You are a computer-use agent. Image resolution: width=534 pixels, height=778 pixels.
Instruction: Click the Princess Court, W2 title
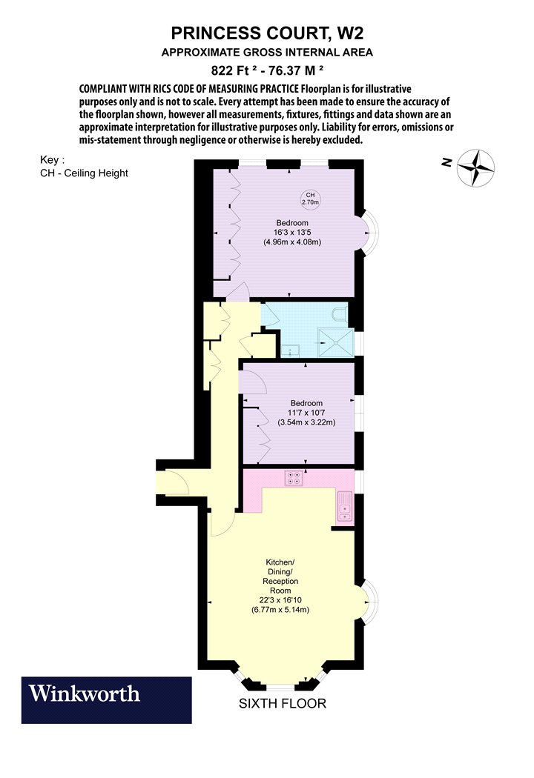[x=267, y=33]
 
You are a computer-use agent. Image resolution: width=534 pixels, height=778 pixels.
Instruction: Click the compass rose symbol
[x=475, y=167]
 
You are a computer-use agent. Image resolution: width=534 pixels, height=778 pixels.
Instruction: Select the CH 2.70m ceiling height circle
[x=310, y=199]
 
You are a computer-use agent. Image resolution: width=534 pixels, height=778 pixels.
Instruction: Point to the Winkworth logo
[x=106, y=700]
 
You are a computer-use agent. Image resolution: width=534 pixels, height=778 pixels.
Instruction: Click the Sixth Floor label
[x=282, y=703]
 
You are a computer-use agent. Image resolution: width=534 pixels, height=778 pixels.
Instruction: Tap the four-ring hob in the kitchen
[x=294, y=478]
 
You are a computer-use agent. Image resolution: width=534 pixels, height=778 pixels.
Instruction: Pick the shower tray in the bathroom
[x=336, y=342]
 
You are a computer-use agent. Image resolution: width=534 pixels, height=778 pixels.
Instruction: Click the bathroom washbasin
[x=289, y=350]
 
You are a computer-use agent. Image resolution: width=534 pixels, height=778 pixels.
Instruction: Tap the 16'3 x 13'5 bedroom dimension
[x=292, y=233]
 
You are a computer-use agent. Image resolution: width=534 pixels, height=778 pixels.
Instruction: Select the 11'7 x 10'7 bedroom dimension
[x=306, y=413]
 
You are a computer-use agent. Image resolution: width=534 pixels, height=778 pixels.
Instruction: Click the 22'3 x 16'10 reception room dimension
[x=280, y=600]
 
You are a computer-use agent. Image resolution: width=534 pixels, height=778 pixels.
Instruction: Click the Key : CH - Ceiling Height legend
[x=84, y=167]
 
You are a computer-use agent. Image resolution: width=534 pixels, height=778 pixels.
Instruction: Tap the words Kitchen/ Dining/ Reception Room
[x=280, y=576]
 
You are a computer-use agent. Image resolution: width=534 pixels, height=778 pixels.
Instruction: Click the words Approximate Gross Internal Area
[x=267, y=52]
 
